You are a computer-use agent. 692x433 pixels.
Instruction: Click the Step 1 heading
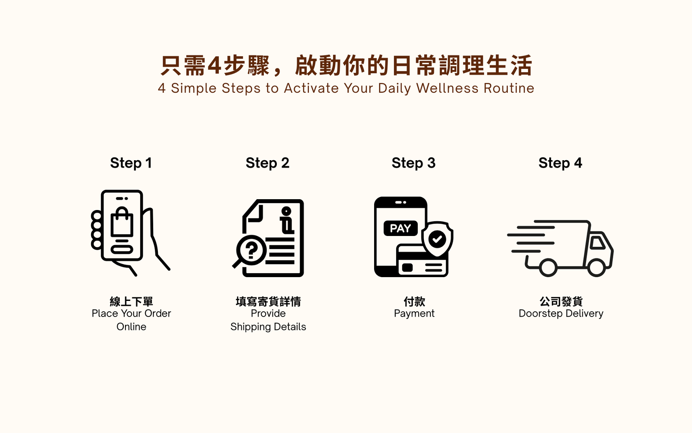coord(131,163)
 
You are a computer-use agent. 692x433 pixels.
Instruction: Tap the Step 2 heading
coord(268,163)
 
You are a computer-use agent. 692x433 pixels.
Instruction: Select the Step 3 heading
coord(413,163)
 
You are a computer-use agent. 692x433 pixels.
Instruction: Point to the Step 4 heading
coord(560,163)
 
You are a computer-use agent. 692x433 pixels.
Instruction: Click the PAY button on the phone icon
coord(400,228)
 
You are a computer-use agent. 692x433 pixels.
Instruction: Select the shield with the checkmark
coord(437,239)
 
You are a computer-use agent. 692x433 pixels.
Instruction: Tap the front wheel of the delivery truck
coord(596,268)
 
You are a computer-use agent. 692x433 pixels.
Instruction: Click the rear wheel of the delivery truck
coord(548,268)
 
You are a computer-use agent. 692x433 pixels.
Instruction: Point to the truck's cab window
coord(597,243)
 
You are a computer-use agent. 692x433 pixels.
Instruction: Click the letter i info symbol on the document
coord(287,220)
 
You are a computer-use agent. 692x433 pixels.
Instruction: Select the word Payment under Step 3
coord(414,313)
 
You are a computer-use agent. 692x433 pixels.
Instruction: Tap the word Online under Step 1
coord(131,326)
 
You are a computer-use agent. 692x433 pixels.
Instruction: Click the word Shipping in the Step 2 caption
coord(249,327)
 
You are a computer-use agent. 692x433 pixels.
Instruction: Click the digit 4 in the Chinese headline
coord(214,65)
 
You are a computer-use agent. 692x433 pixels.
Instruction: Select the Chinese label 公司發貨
coord(561,301)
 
